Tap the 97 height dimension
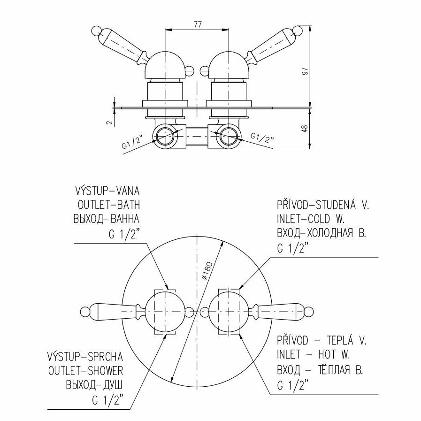coord(306,70)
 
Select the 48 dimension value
coord(306,129)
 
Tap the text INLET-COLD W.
coord(311,219)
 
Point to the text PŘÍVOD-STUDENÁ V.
coord(323,205)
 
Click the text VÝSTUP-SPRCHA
coord(85,356)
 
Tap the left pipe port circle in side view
coord(165,136)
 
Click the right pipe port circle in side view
coord(228,136)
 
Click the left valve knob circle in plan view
coord(165,311)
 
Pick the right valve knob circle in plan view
coord(228,311)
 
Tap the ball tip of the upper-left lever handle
coord(94,32)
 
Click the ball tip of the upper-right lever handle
coord(298,32)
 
